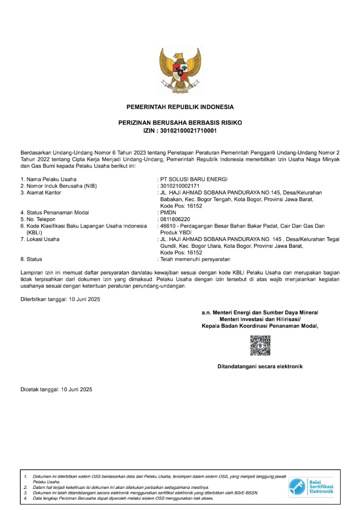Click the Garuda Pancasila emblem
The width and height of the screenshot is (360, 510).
click(180, 70)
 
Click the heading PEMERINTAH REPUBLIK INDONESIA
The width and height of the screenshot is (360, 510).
click(180, 107)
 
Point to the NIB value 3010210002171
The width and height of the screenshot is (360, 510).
click(180, 186)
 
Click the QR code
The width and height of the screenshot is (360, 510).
click(260, 345)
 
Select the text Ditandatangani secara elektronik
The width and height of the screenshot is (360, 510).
click(260, 366)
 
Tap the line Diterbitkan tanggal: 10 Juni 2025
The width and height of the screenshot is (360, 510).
click(60, 299)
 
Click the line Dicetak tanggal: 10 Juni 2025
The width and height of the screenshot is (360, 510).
click(56, 389)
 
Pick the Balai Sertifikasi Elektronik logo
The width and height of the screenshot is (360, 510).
click(311, 487)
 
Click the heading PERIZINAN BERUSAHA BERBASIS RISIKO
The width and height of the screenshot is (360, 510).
click(180, 123)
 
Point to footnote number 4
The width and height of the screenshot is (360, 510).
click(25, 498)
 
